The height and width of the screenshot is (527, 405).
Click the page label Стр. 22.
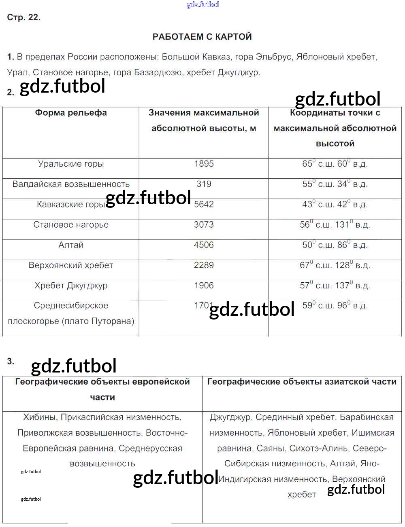(24, 17)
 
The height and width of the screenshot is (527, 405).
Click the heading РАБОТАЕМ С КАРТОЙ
(202, 37)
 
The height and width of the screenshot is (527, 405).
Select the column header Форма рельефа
(71, 113)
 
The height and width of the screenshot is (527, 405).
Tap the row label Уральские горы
(71, 164)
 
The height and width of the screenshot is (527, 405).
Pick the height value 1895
(204, 164)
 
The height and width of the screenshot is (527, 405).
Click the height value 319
(204, 184)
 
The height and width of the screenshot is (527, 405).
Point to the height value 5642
(204, 204)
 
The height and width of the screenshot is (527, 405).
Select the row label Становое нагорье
(71, 225)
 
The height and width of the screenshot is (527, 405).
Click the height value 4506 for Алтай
(204, 245)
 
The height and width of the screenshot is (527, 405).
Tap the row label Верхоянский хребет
(71, 265)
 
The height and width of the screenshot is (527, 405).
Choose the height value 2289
(204, 265)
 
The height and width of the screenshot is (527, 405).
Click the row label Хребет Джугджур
(71, 286)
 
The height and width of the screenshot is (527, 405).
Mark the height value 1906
(204, 286)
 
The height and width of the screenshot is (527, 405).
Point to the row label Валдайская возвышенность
(71, 184)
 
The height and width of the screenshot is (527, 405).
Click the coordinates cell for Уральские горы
(335, 164)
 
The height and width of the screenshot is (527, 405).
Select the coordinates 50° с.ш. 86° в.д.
(335, 245)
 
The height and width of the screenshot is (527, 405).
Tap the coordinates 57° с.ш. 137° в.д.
(335, 286)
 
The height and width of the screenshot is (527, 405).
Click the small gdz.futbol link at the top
(202, 4)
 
